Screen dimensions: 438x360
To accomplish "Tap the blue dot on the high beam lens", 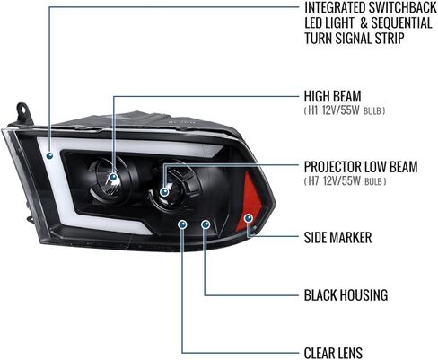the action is (113, 177).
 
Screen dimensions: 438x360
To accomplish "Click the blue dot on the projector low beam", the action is (164, 192).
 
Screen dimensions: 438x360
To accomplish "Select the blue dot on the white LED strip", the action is (49, 155).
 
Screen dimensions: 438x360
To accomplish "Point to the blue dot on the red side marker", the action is (248, 218).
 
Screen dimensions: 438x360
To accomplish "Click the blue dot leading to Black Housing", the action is (206, 224).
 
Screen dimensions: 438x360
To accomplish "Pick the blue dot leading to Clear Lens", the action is (182, 224).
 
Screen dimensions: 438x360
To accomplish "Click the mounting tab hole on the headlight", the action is (22, 109).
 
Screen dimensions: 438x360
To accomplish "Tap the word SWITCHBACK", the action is (403, 8).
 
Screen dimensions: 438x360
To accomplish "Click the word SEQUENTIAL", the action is (401, 23).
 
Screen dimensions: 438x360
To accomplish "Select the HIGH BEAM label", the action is (333, 96).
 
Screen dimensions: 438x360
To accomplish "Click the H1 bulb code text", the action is (312, 110).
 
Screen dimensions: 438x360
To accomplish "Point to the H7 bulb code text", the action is (313, 181).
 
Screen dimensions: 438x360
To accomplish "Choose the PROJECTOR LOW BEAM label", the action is (361, 167).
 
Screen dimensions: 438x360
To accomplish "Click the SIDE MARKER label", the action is (337, 238).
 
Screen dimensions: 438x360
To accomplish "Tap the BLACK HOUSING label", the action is (346, 295).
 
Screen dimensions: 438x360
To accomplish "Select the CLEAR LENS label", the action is (333, 353).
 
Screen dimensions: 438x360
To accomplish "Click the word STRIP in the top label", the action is (390, 39).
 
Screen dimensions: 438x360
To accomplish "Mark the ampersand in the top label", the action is (364, 23).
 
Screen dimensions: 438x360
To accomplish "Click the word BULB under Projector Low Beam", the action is (373, 182).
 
